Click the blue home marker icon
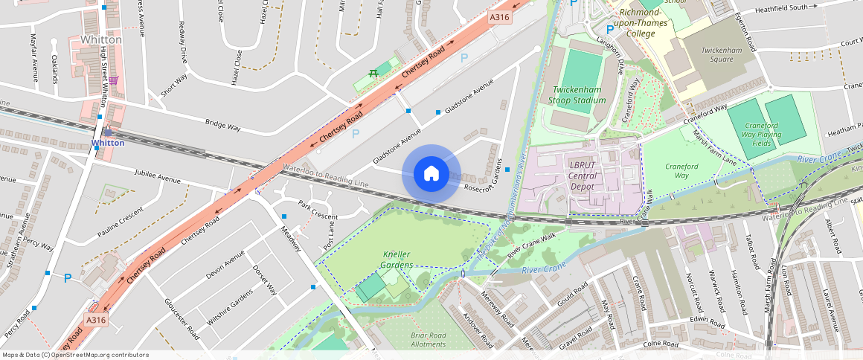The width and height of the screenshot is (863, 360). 431,173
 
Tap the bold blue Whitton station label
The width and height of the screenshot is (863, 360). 107,143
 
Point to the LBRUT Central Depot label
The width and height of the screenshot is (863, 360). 583,176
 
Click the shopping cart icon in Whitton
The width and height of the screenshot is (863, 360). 113,80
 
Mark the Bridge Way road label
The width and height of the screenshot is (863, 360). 222,126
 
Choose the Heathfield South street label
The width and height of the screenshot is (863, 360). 780,8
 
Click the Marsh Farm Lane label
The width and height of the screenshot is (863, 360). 714,147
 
